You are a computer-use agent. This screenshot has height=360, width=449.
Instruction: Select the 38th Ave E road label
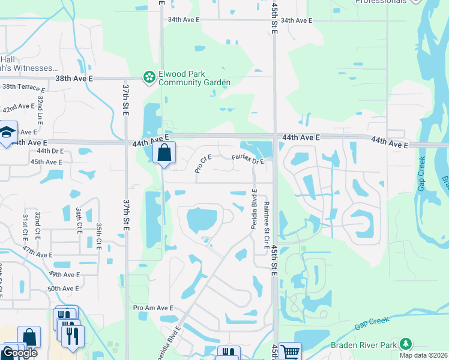74,79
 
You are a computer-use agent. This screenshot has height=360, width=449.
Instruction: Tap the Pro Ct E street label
203,164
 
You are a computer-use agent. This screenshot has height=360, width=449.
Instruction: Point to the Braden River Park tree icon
406,344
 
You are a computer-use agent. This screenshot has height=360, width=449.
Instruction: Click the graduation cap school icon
7,133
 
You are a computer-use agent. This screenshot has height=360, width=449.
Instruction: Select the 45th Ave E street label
46,162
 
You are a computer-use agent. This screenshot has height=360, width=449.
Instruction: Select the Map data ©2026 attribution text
424,355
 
